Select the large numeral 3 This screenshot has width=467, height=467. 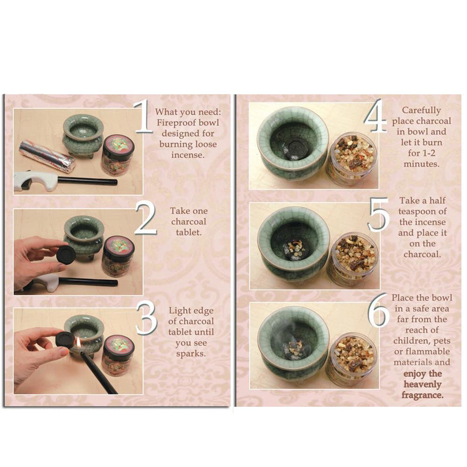click(x=146, y=318)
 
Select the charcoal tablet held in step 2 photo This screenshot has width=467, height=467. click(x=66, y=255)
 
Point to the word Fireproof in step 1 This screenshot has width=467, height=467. click(x=175, y=123)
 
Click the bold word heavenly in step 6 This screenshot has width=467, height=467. click(x=422, y=384)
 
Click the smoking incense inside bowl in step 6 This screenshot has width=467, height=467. click(x=293, y=348)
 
